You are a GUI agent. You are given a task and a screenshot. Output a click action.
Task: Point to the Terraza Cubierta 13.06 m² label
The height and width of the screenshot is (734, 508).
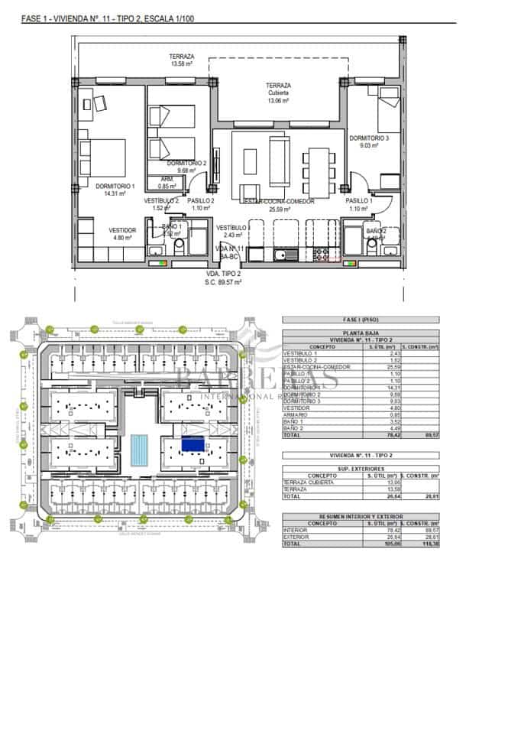click(x=278, y=93)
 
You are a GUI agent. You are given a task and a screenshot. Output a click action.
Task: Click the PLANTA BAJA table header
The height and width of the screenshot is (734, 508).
click(x=361, y=333)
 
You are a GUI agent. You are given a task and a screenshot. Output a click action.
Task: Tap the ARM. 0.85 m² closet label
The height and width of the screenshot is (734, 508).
click(x=167, y=183)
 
